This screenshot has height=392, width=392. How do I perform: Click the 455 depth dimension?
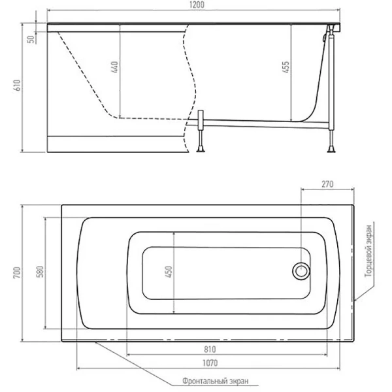point(286,69)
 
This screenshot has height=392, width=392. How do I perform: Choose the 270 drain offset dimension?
point(328,184)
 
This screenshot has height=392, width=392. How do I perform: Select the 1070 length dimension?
point(210,363)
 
